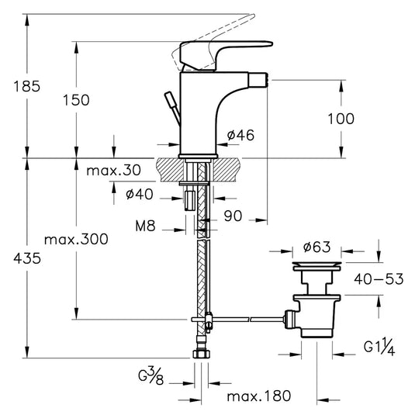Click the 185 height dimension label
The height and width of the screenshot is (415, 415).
27,86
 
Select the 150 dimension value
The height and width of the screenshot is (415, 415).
76,100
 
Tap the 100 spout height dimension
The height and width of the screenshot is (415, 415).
341,119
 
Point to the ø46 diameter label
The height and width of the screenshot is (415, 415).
240,135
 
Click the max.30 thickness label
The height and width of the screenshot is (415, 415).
113,170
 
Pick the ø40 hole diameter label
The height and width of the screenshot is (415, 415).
140,194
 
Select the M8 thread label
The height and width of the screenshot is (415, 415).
145,226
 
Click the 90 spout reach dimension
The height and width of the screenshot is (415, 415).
233,216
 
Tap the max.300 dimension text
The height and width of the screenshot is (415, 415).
76,239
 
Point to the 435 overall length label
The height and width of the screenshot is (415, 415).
27,258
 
